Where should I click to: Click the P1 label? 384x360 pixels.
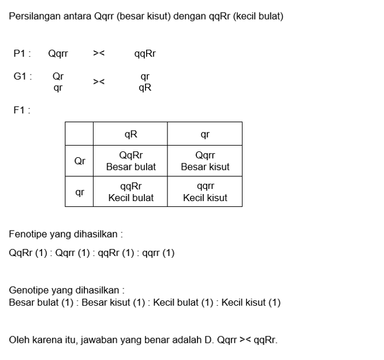coord(21,54)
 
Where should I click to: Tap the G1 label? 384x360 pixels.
coord(22,76)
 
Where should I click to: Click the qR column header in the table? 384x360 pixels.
coord(131,134)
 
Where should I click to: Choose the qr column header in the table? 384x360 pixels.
coord(205,134)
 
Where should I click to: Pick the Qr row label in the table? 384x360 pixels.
coord(80,161)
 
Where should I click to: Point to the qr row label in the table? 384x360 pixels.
coord(80,192)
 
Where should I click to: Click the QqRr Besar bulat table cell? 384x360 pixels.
coord(131,161)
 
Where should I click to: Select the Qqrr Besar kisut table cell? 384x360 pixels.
coord(205,161)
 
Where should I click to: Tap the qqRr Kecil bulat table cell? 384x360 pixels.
coord(131,192)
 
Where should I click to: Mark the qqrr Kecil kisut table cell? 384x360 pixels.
coord(205,192)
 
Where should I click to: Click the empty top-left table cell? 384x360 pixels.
coord(80,134)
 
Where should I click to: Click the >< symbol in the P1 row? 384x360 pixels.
coord(99,54)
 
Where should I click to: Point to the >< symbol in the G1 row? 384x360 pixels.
coord(99,83)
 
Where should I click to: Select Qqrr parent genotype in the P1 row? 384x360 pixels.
coord(58,54)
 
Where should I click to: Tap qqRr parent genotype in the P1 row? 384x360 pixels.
coord(145,54)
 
